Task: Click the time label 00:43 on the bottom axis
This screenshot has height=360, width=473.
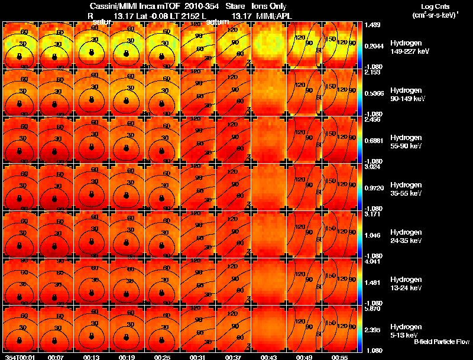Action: pyautogui.click(x=269, y=357)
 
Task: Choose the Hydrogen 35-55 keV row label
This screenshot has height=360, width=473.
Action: pyautogui.click(x=406, y=189)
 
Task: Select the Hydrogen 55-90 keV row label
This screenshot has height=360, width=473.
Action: pyautogui.click(x=406, y=142)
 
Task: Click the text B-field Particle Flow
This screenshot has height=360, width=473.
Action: pyautogui.click(x=441, y=342)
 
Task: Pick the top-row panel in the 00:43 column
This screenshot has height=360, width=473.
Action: pyautogui.click(x=269, y=45)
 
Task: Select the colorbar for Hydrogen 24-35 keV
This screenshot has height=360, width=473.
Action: pyautogui.click(x=362, y=234)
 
